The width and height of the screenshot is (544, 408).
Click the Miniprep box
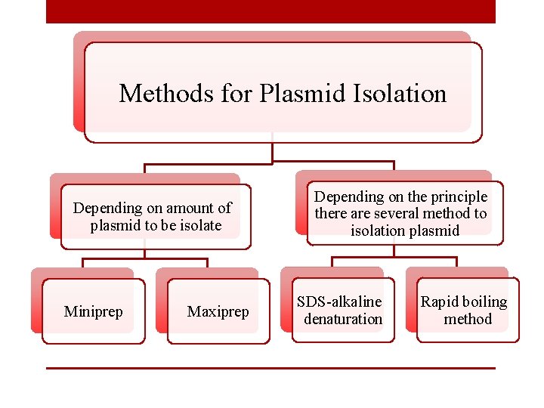click(93, 311)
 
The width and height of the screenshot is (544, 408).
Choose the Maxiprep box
click(218, 311)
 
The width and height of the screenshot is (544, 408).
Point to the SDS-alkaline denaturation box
click(343, 311)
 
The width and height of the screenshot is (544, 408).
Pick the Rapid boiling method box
click(468, 311)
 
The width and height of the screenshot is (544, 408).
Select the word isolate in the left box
click(198, 225)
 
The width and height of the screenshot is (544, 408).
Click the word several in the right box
click(400, 214)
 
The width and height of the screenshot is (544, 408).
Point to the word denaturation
click(343, 319)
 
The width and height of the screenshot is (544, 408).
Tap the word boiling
click(484, 302)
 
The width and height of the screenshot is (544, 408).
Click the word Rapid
click(439, 302)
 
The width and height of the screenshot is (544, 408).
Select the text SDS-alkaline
click(339, 302)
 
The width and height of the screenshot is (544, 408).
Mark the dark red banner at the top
click(270, 11)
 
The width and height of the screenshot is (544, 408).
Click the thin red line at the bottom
click(270, 368)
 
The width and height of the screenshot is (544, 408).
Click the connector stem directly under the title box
click(272, 151)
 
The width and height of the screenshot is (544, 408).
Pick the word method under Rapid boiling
click(468, 319)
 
